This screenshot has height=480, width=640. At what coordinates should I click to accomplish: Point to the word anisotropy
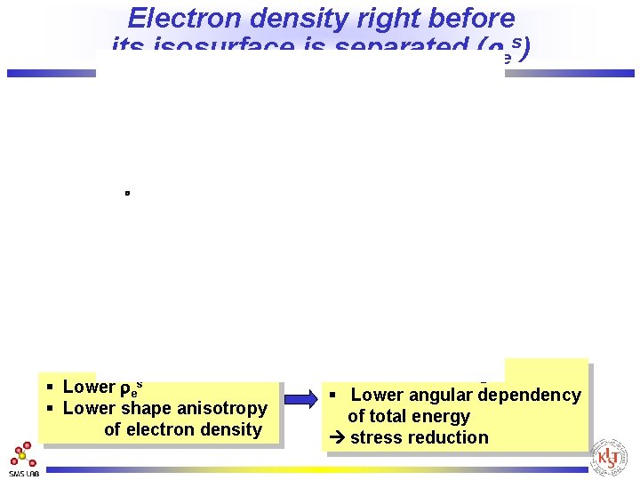coord(224,409)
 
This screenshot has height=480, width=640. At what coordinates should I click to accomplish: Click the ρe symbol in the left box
coord(130,388)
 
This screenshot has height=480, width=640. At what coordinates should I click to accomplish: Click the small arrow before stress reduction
coord(337,438)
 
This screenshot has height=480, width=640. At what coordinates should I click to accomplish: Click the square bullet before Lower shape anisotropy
coord(52,409)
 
